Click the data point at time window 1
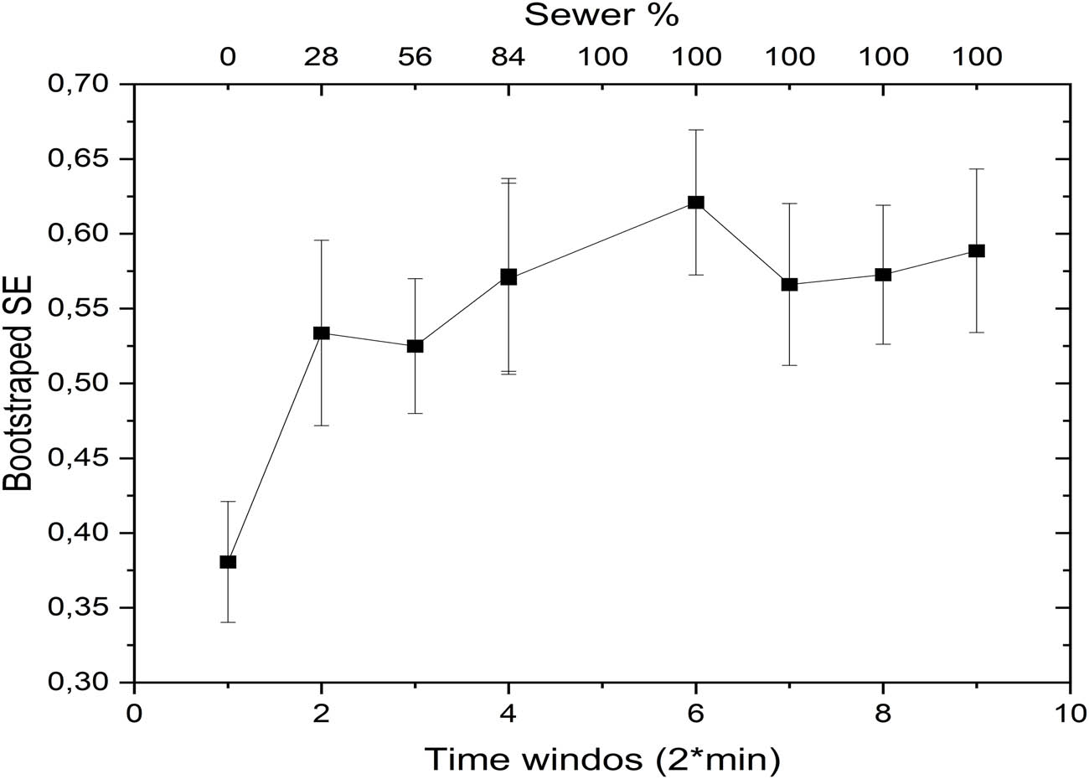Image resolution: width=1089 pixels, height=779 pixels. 228,561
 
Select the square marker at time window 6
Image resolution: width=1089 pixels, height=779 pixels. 696,202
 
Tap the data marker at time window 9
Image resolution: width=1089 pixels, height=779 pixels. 977,250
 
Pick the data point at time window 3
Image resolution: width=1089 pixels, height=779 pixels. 415,345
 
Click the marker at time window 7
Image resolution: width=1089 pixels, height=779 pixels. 789,284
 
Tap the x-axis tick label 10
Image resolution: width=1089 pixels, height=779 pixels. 1070,714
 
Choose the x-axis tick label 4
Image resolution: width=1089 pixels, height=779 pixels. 508,714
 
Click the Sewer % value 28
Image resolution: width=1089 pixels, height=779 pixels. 321,57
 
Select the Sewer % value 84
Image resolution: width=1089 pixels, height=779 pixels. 508,57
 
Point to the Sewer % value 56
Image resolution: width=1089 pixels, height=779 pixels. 415,57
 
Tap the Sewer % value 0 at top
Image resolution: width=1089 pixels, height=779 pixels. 228,57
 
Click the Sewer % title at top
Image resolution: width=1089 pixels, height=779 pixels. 601,15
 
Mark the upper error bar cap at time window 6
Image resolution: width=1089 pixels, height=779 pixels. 696,130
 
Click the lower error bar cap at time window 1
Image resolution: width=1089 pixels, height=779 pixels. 228,622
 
